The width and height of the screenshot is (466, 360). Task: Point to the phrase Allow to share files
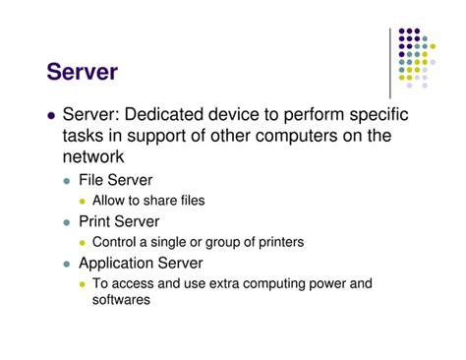[x=148, y=202]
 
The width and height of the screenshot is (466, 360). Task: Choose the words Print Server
[x=119, y=222]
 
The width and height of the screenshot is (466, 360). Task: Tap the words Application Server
[x=141, y=263]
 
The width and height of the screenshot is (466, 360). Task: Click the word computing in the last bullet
[x=270, y=283]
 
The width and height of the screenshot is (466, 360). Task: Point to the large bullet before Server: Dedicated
[x=52, y=117]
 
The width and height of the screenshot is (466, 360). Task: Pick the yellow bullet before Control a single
[x=84, y=243]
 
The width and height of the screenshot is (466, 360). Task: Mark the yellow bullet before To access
[x=84, y=284]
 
